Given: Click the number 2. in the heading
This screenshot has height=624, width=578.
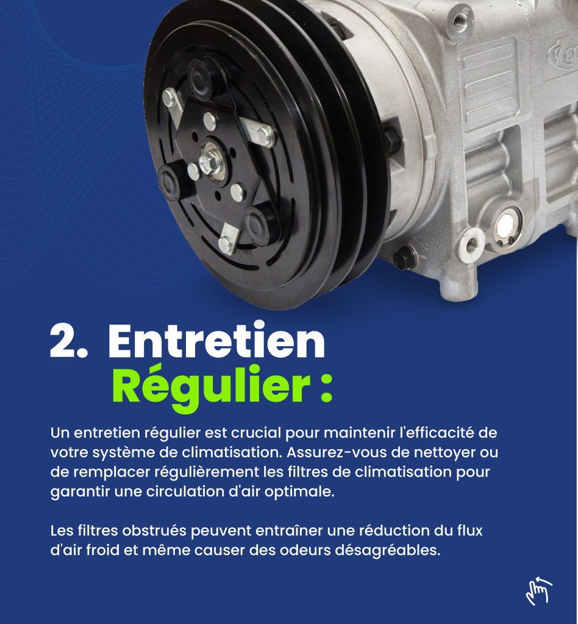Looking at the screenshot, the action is pos(69,340).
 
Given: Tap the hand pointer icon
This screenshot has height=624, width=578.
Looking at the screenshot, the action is pos(539,590).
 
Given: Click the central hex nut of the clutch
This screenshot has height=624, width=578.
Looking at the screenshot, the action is pos(210,158).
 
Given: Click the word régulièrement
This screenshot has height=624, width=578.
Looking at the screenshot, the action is pos(207,473).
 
